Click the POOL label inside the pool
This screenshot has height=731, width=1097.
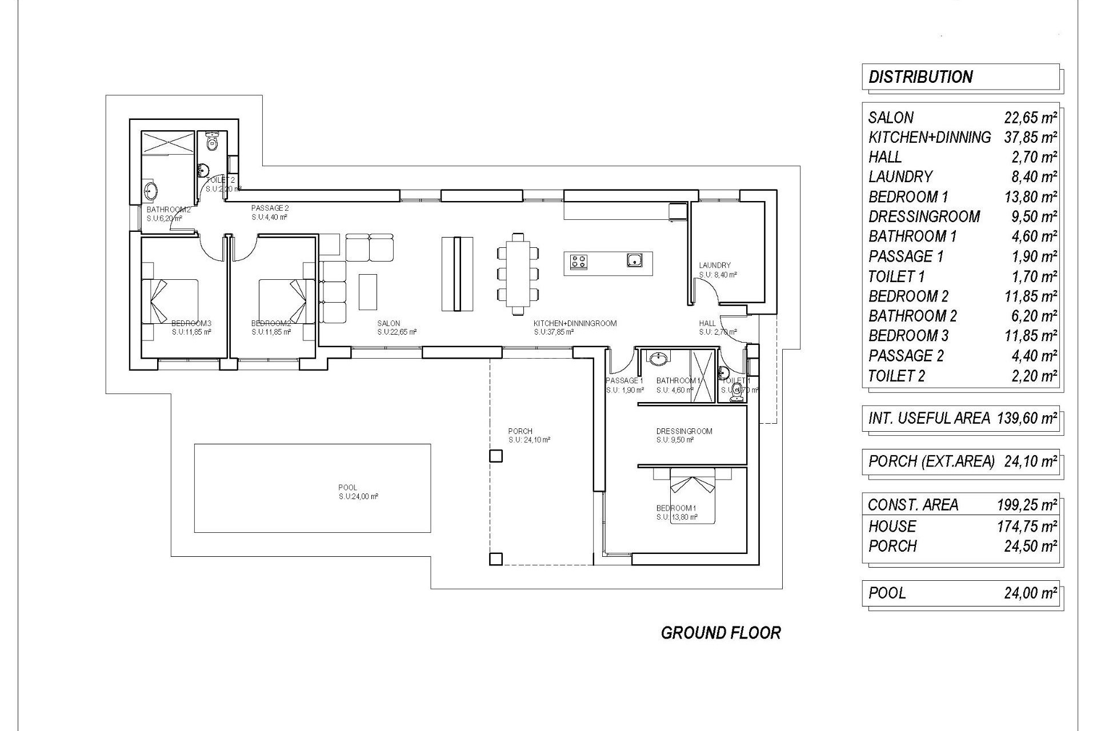tap(347, 487)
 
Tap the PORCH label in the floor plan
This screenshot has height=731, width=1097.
tap(520, 431)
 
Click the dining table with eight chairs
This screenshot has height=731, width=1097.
tap(518, 274)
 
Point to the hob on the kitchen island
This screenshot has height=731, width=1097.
tap(578, 262)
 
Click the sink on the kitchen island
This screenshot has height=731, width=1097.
tap(634, 261)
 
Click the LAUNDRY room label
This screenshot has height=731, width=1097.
tap(714, 265)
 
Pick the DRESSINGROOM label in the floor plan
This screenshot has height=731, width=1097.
tap(684, 431)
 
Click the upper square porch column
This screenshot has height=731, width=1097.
tap(495, 456)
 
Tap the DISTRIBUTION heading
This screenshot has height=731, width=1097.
tap(920, 77)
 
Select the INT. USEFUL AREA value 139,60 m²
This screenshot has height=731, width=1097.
tap(1027, 418)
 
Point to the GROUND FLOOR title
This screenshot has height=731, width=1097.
tap(720, 633)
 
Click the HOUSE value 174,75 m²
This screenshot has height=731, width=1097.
tap(1027, 526)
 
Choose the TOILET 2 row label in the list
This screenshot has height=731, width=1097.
tap(896, 376)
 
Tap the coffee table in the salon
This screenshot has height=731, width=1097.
tap(367, 292)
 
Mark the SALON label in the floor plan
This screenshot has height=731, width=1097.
tap(389, 323)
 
